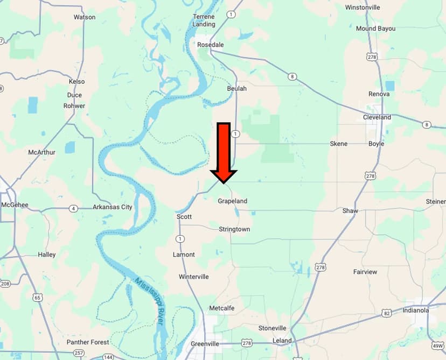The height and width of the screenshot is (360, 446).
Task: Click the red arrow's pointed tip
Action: click(x=223, y=183)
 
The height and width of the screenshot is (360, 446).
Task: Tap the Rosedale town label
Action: click(x=210, y=45)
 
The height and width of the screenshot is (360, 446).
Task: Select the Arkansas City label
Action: click(x=112, y=207)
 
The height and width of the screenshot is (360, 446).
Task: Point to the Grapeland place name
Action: click(x=232, y=201)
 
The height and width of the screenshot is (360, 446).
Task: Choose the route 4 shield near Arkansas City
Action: click(x=73, y=208)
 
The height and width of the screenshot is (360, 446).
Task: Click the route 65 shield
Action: click(x=37, y=297)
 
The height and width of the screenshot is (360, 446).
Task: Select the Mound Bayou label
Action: click(x=375, y=29)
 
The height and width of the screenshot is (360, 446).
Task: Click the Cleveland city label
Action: click(x=377, y=117)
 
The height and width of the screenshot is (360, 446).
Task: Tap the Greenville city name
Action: click(x=205, y=344)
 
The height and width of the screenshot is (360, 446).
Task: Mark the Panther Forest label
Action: click(x=88, y=342)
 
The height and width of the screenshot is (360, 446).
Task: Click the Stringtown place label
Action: click(x=234, y=229)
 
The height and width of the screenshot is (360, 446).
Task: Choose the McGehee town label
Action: click(x=15, y=205)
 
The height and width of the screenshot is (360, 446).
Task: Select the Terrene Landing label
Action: click(x=204, y=20)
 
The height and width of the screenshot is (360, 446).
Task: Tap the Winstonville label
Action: click(x=378, y=8)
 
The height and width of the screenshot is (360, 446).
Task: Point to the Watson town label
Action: click(x=85, y=17)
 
